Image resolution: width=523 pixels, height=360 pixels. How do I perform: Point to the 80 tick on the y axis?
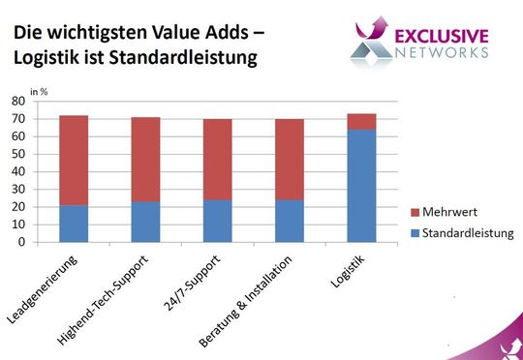pos(18,101)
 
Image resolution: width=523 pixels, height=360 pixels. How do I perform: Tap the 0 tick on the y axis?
pos(21,243)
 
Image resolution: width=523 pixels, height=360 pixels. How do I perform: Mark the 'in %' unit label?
pos(38,90)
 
